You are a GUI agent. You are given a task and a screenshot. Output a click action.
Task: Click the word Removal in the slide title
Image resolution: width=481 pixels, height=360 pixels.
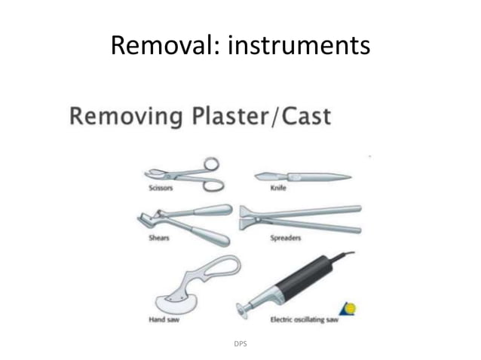[153, 46]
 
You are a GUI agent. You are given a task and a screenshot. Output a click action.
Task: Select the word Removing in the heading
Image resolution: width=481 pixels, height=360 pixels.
[127, 117]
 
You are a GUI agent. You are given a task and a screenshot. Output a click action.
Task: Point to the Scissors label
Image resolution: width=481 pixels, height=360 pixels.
[160, 188]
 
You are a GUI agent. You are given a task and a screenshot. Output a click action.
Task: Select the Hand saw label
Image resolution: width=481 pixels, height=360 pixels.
[164, 319]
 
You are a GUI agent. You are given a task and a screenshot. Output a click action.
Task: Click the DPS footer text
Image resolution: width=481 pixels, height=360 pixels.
[241, 343]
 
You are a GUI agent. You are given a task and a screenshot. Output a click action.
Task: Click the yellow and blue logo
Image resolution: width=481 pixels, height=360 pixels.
[348, 308]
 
